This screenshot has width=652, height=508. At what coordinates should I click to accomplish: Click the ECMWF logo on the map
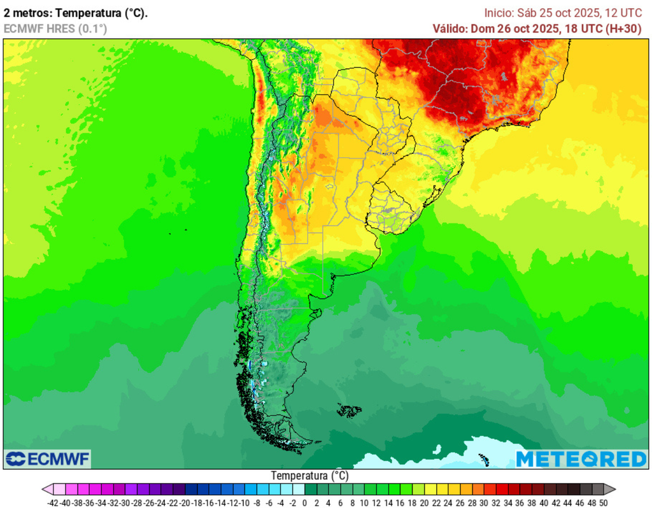(48, 458)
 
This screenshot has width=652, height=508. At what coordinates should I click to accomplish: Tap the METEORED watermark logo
(581, 458)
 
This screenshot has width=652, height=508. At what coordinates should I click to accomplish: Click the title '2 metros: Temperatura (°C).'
(76, 13)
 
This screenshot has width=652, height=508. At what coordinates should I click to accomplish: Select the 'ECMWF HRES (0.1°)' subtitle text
(55, 28)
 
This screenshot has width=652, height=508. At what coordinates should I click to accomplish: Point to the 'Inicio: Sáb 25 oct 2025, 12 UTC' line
(563, 13)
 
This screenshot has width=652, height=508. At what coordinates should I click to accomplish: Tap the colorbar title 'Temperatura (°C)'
(310, 476)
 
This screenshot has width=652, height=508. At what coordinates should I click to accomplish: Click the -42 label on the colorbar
(53, 503)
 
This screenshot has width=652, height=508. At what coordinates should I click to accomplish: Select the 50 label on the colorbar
(602, 503)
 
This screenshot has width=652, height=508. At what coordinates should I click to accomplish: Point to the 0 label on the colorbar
(304, 503)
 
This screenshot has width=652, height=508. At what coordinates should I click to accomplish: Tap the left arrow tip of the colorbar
(45, 489)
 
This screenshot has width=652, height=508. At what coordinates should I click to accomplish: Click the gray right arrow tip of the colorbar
(612, 489)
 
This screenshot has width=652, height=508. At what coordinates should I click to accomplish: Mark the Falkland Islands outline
(349, 411)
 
